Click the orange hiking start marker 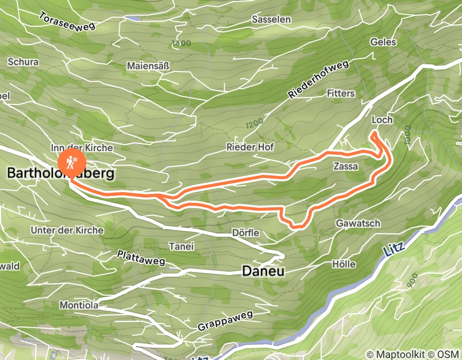[69, 163]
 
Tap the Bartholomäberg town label [60, 174]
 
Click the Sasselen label [271, 20]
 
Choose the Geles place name [383, 42]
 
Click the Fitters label [341, 93]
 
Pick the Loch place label [382, 120]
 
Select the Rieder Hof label [250, 147]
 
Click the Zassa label [345, 167]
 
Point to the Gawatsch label [358, 223]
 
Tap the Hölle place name [344, 264]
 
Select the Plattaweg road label [140, 258]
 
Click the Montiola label [78, 304]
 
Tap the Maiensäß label [148, 66]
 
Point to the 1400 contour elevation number [182, 44]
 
